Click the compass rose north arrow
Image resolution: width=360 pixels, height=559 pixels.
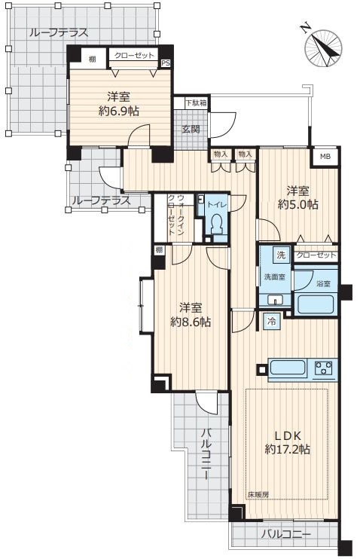(323, 48)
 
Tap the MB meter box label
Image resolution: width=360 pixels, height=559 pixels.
(325, 156)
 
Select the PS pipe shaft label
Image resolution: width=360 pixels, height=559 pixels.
(166, 63)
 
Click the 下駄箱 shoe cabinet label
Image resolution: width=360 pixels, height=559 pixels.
(196, 103)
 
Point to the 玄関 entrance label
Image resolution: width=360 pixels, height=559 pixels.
(191, 129)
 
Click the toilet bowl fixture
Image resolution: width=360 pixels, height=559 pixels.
(217, 224)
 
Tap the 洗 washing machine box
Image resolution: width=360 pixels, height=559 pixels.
(281, 255)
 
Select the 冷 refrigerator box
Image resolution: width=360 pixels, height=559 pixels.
(272, 321)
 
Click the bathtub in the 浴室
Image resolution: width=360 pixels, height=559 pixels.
(315, 304)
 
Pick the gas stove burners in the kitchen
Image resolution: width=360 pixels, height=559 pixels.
(324, 368)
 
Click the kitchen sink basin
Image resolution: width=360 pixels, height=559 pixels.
(288, 367)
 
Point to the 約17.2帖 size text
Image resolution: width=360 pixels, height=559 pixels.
(287, 449)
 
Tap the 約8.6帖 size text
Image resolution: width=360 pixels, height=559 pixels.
(191, 322)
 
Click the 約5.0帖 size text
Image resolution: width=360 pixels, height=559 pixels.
(298, 204)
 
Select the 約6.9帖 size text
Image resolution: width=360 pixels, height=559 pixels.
(119, 111)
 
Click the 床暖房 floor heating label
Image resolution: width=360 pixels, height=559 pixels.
(258, 494)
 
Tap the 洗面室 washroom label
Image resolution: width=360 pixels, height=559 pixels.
(274, 276)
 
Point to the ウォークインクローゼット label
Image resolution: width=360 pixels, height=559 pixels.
(175, 215)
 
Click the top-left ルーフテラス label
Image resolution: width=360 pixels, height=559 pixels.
(59, 33)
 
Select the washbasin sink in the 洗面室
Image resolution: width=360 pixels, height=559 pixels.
(275, 300)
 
